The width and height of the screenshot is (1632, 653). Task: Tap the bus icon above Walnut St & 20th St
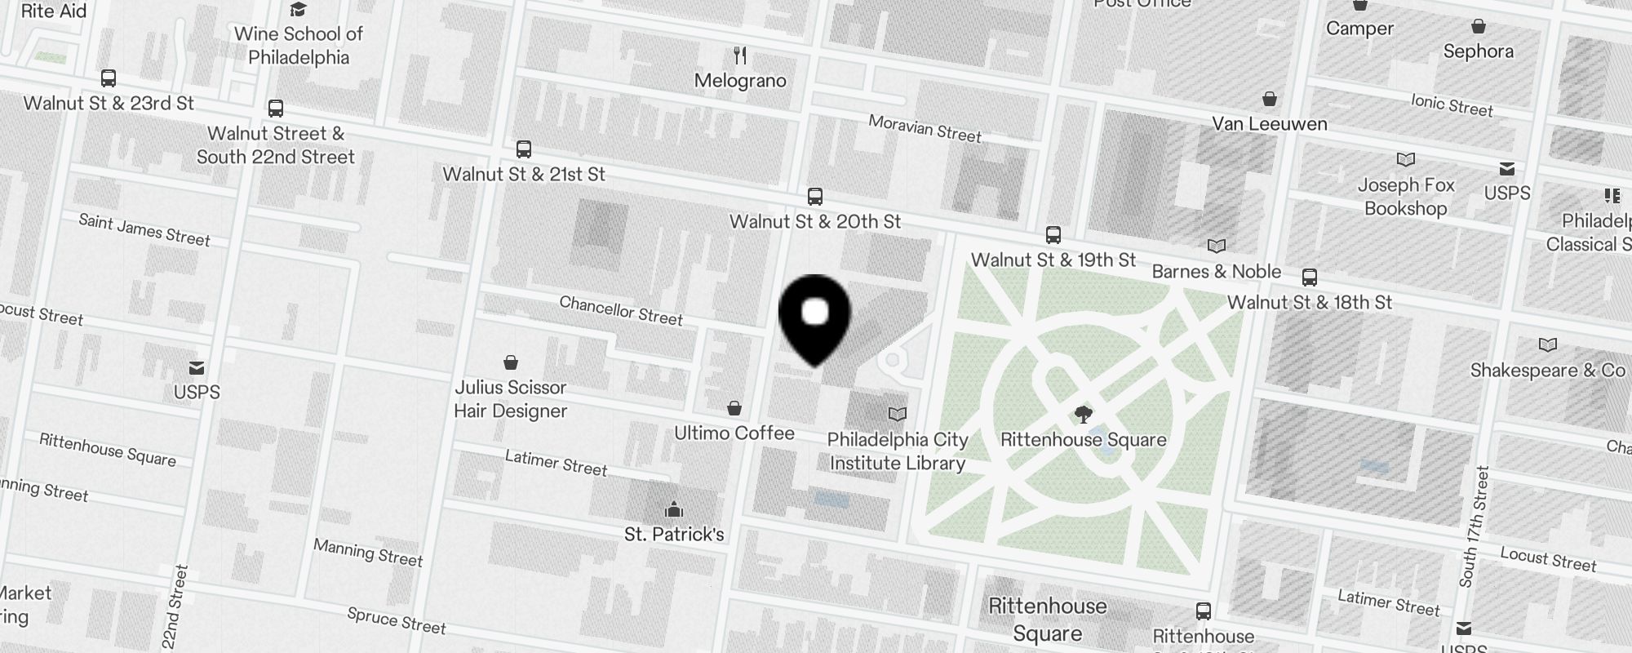tap(814, 197)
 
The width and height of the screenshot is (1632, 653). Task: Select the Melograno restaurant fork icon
tap(740, 56)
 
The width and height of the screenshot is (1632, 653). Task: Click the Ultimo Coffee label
tap(734, 433)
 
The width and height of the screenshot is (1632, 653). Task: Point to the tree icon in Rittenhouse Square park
tap(1083, 415)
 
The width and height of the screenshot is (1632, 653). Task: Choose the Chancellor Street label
tap(621, 311)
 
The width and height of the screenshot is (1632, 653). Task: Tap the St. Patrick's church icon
tap(674, 510)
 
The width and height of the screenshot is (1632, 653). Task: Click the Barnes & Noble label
tap(1216, 272)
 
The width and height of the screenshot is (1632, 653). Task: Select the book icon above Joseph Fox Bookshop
tap(1405, 159)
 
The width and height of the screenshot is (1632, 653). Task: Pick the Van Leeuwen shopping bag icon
tap(1269, 100)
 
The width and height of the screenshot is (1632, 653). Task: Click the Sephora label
tap(1478, 51)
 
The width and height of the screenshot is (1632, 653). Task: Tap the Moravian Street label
tap(925, 129)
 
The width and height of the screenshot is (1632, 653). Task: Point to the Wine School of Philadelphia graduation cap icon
tap(299, 10)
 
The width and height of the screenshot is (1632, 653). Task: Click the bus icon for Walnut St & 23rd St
tap(109, 78)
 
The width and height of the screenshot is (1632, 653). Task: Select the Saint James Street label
tap(144, 229)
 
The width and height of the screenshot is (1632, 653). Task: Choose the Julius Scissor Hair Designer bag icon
tap(511, 362)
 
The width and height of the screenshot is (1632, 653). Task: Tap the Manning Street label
tap(368, 553)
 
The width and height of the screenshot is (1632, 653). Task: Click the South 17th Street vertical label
tap(1475, 526)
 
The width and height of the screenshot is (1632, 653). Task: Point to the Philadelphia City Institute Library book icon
tap(897, 415)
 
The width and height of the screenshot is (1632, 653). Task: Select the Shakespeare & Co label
tap(1547, 371)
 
